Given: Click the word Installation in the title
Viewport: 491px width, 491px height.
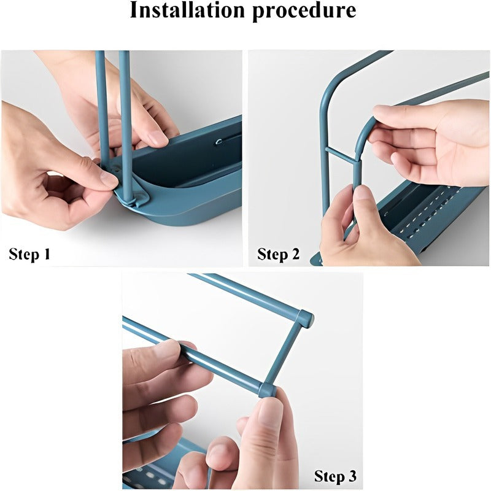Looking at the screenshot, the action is coord(187,10).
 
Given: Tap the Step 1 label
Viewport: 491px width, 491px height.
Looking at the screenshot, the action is coord(29,254).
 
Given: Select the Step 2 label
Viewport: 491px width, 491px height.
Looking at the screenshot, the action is coord(279,254).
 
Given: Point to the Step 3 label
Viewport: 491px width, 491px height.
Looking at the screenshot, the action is coord(335,476).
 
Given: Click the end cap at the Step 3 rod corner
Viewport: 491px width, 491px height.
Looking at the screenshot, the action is coord(305,318).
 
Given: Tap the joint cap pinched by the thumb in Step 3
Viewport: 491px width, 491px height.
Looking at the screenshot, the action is coord(267,390).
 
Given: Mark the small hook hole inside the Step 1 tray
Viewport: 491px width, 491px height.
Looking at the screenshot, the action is coord(219,142).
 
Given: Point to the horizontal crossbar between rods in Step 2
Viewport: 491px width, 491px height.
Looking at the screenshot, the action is coord(341,155).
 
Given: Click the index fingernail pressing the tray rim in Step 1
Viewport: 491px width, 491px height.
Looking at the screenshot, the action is coord(158,139).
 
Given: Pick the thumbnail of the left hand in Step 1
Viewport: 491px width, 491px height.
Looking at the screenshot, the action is coord(109,179).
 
